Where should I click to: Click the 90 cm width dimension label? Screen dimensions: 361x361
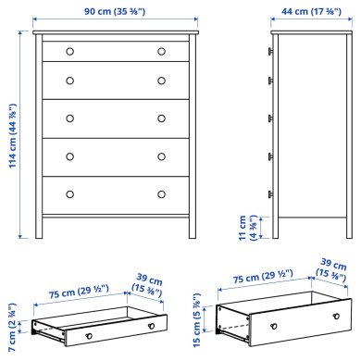tap(114, 12)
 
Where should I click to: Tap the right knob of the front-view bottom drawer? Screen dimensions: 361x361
tap(160, 193)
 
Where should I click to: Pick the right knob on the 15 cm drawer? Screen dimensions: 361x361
tap(328, 320)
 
